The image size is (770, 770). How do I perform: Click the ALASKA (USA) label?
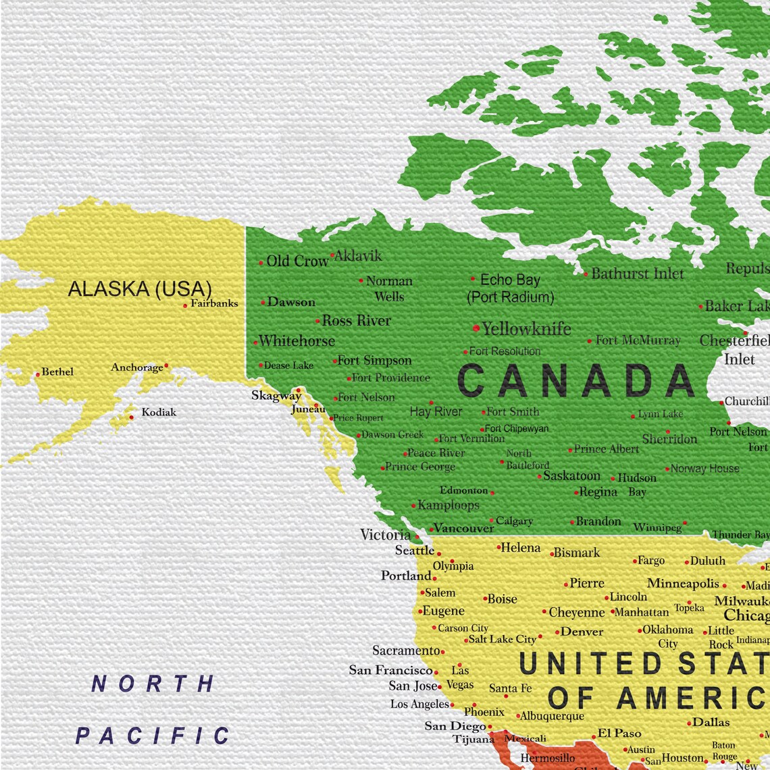140,289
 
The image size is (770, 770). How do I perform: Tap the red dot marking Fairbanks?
185,306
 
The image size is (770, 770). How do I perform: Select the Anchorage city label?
137,367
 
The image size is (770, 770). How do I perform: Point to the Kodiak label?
159,412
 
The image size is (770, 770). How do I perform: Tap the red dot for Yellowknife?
476,328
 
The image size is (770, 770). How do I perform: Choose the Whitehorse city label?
297,341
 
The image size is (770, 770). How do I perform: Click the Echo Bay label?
509,280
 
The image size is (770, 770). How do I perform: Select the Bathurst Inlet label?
637,274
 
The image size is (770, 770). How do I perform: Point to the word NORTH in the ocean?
153,684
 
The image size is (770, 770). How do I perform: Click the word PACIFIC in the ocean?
153,736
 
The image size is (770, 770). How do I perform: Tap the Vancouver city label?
463,528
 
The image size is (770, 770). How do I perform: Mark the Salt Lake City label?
502,639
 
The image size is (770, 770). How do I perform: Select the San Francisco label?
390,670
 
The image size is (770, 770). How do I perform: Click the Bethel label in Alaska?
57,371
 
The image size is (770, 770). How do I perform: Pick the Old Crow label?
297,261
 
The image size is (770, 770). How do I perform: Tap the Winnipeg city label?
657,527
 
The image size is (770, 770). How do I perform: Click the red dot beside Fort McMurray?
589,341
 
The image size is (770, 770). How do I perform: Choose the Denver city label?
582,632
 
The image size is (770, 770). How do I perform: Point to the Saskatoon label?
571,476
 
